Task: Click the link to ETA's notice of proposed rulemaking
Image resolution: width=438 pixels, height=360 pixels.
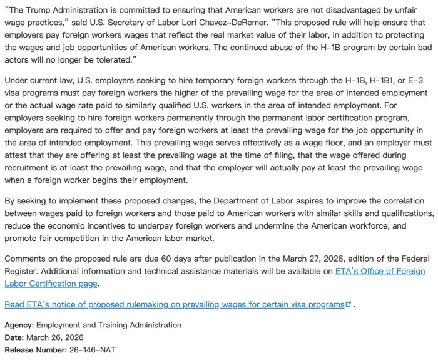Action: [x=175, y=304]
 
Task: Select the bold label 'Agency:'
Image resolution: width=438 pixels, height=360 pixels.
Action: [x=19, y=326]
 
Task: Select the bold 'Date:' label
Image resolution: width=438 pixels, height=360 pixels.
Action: [x=15, y=337]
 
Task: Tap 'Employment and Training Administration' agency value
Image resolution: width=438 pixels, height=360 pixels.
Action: [x=109, y=326]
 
